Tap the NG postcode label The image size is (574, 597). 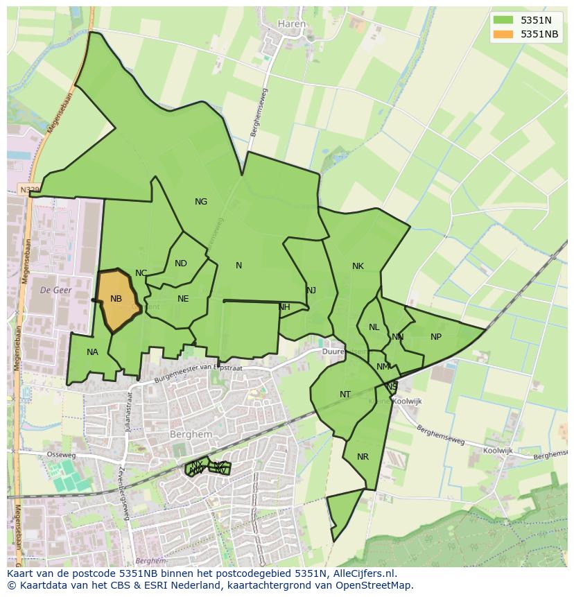[201, 202]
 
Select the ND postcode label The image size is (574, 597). [181, 263]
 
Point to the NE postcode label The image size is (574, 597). [183, 299]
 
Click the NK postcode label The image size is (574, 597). [358, 266]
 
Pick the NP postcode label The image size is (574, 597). [436, 337]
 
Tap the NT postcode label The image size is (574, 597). [345, 395]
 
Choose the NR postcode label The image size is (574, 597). [363, 457]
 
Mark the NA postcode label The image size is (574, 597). [92, 352]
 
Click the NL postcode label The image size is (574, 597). [374, 327]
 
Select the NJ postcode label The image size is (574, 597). [311, 291]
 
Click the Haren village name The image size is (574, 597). [291, 24]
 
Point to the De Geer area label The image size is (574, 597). [56, 289]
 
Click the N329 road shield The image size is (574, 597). [30, 189]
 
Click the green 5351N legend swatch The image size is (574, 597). [503, 20]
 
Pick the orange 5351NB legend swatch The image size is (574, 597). [503, 34]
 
